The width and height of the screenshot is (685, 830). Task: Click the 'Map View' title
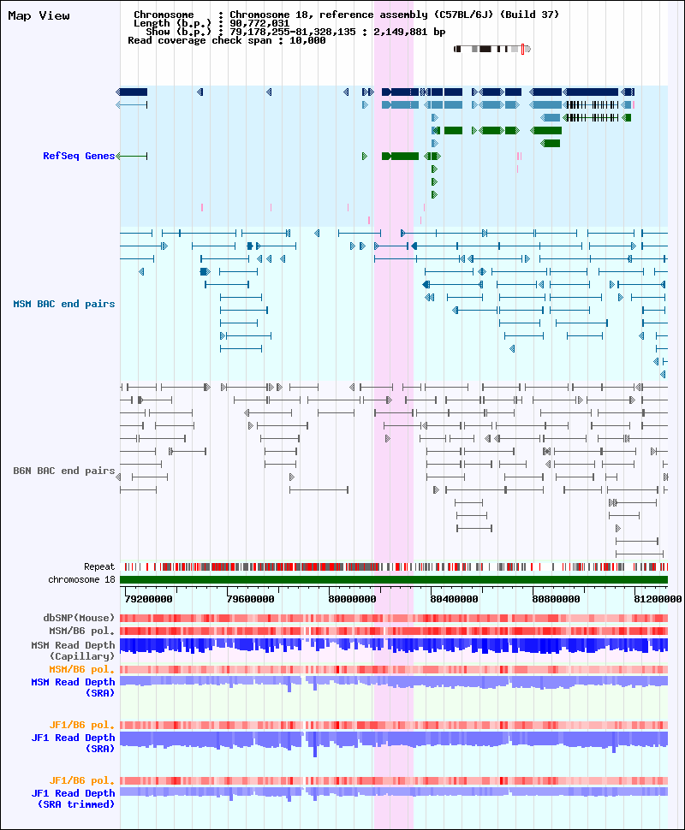(x=39, y=16)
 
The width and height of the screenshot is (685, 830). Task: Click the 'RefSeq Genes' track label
(x=79, y=156)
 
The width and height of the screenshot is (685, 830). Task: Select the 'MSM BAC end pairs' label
(x=64, y=304)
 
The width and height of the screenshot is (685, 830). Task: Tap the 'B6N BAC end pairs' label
(x=64, y=471)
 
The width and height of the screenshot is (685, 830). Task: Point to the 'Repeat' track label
(x=99, y=567)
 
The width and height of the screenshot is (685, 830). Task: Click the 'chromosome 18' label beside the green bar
(x=81, y=579)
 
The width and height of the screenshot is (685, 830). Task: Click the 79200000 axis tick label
(x=149, y=599)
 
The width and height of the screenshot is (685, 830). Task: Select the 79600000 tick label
(x=251, y=599)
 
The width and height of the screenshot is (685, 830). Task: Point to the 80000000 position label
(x=352, y=599)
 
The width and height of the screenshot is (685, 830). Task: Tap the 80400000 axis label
(x=454, y=599)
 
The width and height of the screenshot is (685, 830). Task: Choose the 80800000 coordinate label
(x=556, y=599)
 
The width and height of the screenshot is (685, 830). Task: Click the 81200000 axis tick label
(x=658, y=599)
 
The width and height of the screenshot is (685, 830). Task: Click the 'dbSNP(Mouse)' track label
(x=79, y=619)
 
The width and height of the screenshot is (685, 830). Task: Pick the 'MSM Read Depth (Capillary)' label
(x=73, y=650)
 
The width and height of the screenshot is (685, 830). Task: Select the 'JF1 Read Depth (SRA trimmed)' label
(x=73, y=799)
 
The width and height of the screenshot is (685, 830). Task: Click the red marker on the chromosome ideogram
(x=522, y=50)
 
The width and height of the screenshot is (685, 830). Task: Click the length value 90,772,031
(x=259, y=23)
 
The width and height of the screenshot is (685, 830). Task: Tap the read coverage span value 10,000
(x=307, y=40)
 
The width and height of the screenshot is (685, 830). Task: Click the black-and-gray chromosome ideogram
(x=492, y=50)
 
